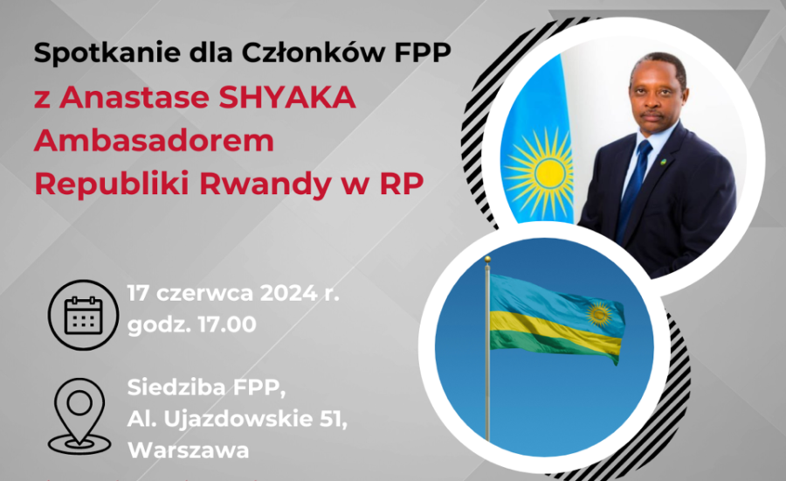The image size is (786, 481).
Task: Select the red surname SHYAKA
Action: [x=287, y=97]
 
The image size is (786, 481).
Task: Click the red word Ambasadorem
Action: [x=155, y=141]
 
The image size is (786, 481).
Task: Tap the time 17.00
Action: [x=227, y=324]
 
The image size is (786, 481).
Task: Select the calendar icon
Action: [x=83, y=315]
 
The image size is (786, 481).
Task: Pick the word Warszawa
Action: [x=189, y=450]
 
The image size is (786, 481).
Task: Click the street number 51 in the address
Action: [x=334, y=419]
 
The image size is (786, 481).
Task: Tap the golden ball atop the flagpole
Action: [x=486, y=259]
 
